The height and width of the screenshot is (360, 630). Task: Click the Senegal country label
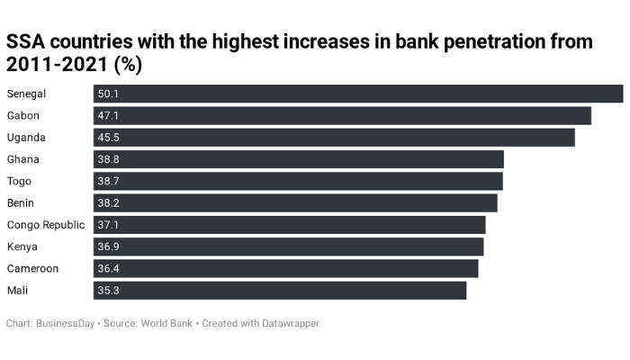pos(26,94)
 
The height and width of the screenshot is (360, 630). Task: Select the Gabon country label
pos(23,115)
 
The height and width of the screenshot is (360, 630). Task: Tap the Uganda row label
pos(26,137)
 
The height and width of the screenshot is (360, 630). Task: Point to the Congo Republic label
pos(46,225)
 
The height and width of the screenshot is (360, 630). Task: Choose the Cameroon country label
pos(32,268)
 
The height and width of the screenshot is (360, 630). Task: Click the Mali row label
pos(17,290)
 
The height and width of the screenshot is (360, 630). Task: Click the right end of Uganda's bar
pos(571,137)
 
